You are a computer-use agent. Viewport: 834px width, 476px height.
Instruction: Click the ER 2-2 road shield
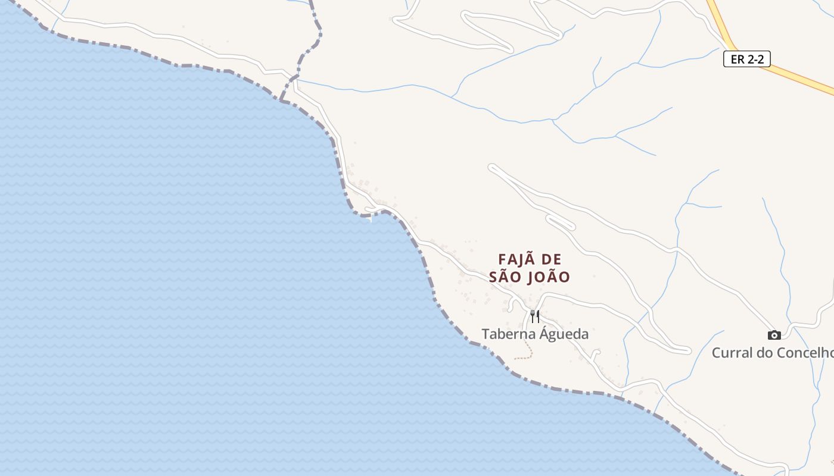746,59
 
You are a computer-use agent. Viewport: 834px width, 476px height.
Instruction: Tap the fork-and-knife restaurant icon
535,316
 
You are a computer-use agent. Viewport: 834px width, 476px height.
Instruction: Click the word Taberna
509,334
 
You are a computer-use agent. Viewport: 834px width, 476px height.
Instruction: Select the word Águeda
564,334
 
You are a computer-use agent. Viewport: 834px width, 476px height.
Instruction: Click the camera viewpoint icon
774,335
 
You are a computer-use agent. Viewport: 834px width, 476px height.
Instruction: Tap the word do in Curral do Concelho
764,353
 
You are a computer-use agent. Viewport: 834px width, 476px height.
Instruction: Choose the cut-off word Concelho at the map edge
804,353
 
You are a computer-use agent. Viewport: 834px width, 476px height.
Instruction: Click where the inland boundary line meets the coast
281,100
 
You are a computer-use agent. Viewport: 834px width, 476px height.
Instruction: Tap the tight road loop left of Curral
685,350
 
